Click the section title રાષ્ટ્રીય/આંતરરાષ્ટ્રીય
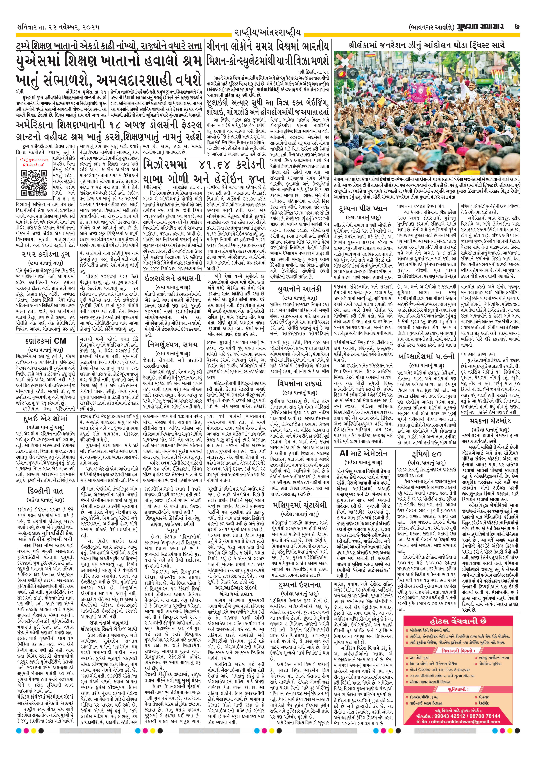tap(267, 33)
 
